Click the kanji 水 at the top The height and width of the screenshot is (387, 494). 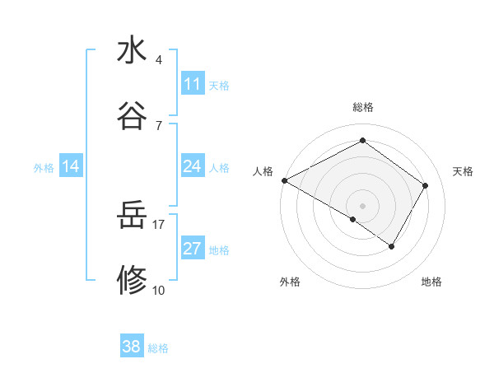(132, 51)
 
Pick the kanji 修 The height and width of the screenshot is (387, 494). (132, 281)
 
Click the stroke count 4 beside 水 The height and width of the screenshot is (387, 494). (158, 60)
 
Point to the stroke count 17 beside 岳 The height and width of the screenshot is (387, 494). (159, 224)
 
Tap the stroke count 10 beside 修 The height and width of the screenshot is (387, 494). (159, 290)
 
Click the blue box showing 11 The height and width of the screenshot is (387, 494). (192, 84)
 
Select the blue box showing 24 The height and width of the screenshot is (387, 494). (192, 166)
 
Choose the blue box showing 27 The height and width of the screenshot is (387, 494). (192, 249)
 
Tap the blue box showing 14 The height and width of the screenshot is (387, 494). (71, 166)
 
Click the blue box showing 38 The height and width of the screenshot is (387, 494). (131, 347)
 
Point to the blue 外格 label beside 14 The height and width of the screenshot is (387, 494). (44, 168)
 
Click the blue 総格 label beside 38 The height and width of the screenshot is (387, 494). (159, 348)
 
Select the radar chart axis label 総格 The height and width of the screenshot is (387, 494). (363, 108)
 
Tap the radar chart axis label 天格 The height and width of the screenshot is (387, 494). (463, 171)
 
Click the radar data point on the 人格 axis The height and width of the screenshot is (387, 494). (284, 180)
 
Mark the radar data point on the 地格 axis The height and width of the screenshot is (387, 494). (392, 246)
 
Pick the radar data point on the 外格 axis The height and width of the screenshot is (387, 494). (353, 220)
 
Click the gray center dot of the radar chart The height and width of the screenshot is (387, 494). (363, 205)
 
